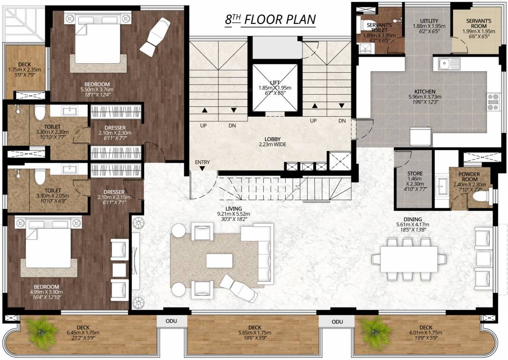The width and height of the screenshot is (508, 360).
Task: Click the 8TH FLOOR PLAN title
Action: click(x=270, y=20)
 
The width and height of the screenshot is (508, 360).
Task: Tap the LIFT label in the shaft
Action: click(x=275, y=82)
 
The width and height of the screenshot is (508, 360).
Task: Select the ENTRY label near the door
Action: click(x=203, y=163)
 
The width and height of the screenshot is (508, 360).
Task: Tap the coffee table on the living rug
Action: click(x=219, y=261)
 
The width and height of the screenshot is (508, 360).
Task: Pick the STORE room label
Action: click(x=415, y=173)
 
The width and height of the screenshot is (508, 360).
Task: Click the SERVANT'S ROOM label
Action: click(x=478, y=21)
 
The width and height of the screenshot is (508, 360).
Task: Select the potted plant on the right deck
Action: click(x=375, y=331)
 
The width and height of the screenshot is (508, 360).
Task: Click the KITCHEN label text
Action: click(x=425, y=91)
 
